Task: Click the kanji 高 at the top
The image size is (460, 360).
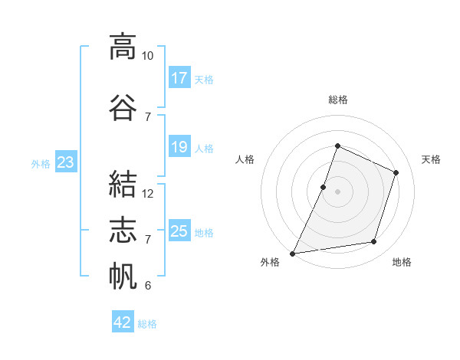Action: pos(123,47)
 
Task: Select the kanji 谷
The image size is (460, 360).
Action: pos(123,107)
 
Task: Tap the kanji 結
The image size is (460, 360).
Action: pos(123,184)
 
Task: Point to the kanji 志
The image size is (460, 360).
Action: pos(123,230)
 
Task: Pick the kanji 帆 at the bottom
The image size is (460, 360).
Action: pos(123,276)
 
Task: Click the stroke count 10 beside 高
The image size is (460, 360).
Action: pos(147,56)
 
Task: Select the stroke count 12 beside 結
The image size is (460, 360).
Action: pos(147,194)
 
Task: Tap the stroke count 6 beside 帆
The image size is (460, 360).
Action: pos(148,286)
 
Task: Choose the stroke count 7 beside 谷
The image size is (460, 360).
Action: pos(148,117)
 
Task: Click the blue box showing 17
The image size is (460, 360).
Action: pos(179,77)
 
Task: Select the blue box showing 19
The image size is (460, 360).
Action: pos(179,146)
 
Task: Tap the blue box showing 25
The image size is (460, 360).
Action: pos(179,230)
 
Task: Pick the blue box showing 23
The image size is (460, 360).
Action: pos(66,162)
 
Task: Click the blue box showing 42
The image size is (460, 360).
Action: pos(123,321)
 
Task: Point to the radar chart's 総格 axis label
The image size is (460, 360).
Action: pos(338,100)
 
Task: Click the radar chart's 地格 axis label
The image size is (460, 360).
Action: pos(402,262)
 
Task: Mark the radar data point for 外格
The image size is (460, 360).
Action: pos(292,254)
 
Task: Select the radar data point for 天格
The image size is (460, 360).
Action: pos(396,172)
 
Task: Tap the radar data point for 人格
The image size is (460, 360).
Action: pos(323,187)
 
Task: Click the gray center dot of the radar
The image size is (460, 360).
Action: pos(337,191)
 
